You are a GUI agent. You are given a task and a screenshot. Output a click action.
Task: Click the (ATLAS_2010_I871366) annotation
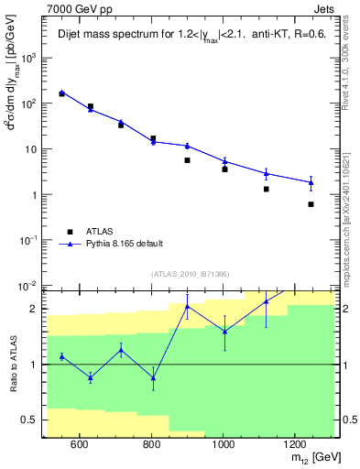189,274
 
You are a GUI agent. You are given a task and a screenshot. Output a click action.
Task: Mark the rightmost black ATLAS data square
311,204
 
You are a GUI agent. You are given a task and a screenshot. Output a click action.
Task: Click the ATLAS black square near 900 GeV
187,160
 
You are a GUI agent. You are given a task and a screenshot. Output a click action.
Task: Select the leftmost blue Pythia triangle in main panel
62,93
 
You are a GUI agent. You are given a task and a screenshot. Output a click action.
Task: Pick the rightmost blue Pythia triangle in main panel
311,182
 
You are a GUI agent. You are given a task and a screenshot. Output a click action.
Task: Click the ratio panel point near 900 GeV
187,307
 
